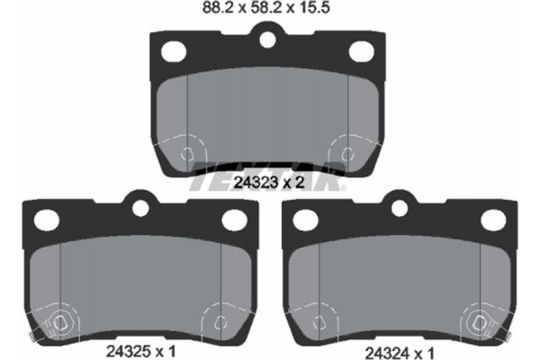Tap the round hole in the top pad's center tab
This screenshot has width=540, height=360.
tap(265, 40)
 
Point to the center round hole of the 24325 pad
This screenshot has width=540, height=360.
tap(139, 208)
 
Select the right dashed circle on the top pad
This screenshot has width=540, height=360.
tap(345, 153)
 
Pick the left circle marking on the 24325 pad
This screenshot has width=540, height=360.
tap(60, 320)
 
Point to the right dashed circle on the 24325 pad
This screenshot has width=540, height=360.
tap(219, 320)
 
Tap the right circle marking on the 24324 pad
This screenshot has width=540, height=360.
tap(477, 320)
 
